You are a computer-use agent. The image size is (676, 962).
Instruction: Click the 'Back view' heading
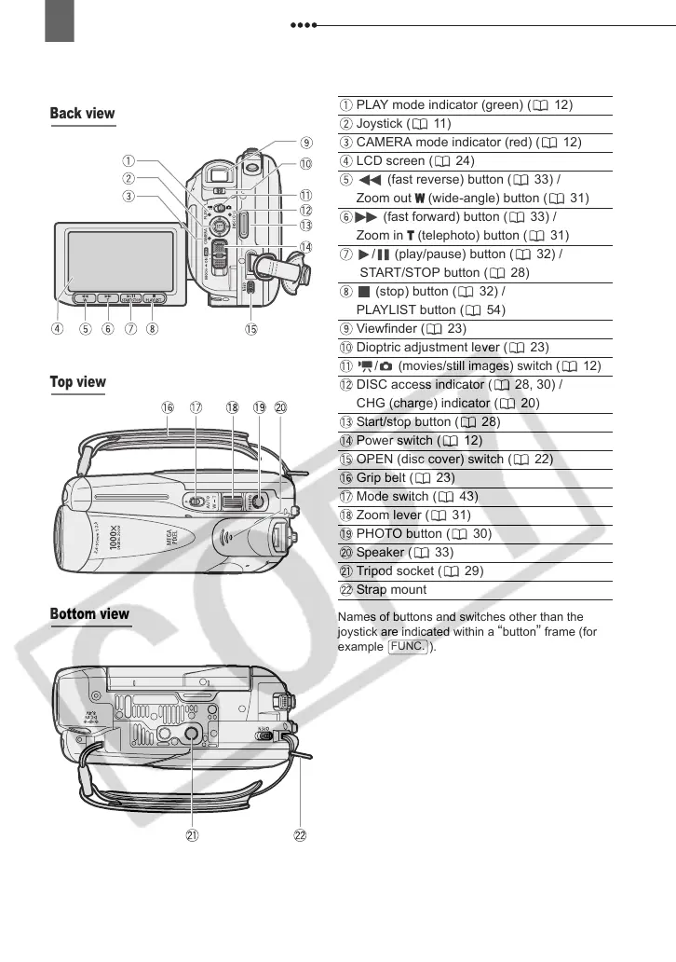click(83, 114)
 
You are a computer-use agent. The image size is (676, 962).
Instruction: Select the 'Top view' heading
click(78, 382)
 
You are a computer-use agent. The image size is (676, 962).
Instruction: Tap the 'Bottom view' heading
click(90, 614)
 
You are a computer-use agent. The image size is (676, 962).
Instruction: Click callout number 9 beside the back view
click(305, 143)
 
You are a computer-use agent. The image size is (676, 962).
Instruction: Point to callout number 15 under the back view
click(250, 328)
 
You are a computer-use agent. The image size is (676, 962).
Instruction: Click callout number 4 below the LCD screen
click(58, 328)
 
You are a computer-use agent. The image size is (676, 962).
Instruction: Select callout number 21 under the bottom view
click(192, 836)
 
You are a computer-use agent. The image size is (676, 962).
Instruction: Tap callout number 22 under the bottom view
click(301, 836)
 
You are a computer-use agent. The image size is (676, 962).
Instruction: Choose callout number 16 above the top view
click(167, 407)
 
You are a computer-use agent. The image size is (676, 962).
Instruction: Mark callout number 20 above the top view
click(280, 407)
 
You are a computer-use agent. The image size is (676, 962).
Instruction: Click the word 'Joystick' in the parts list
click(379, 123)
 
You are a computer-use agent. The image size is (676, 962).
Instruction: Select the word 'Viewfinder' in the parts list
click(386, 328)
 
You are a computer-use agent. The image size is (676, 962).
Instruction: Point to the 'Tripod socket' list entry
click(395, 570)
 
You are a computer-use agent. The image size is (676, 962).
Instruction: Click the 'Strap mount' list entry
click(391, 589)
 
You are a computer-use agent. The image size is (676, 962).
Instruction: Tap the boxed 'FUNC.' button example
click(409, 646)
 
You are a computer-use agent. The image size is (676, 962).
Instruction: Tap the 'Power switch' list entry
click(395, 440)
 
